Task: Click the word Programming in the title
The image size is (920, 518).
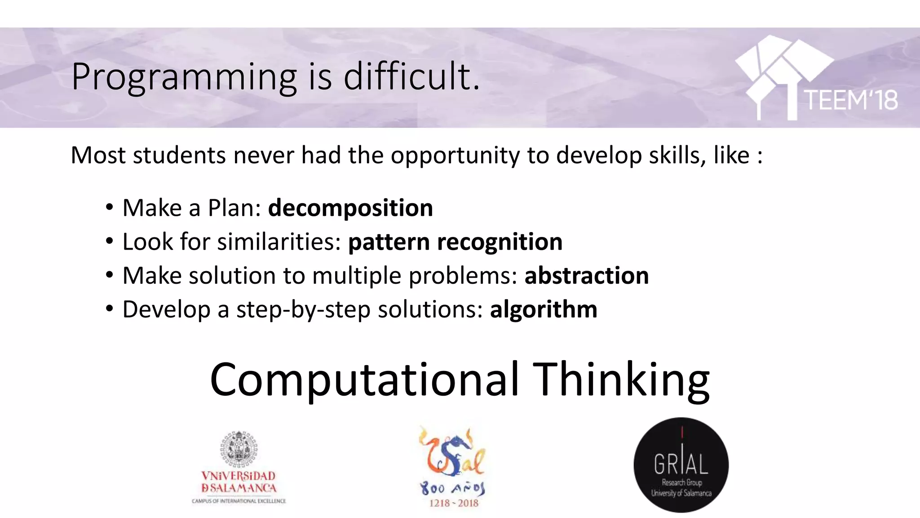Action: pyautogui.click(x=184, y=77)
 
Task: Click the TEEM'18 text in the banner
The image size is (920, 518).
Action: pyautogui.click(x=851, y=100)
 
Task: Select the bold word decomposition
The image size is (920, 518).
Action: pyautogui.click(x=350, y=208)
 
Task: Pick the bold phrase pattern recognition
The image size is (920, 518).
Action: pyautogui.click(x=455, y=242)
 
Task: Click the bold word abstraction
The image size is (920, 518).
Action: pyautogui.click(x=587, y=276)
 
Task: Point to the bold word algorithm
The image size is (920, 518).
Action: pyautogui.click(x=544, y=309)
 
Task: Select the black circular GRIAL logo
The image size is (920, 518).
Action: pyautogui.click(x=681, y=465)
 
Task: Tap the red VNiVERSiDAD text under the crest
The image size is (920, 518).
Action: pyautogui.click(x=239, y=476)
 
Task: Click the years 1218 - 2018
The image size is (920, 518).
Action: pyautogui.click(x=454, y=503)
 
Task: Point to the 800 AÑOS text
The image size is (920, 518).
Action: pyautogui.click(x=453, y=488)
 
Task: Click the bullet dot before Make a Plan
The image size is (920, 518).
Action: pyautogui.click(x=110, y=208)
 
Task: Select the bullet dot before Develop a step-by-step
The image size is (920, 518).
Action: pyautogui.click(x=110, y=309)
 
